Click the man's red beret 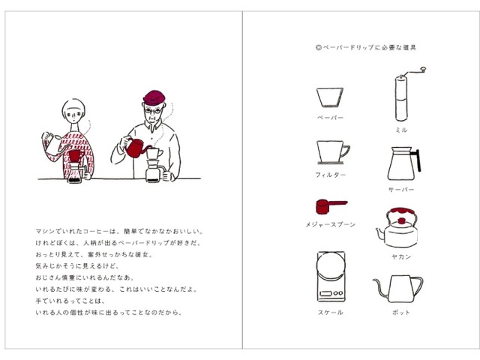tap(154, 97)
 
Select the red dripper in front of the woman tap(76, 156)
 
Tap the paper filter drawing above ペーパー tap(330, 97)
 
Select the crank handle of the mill tap(415, 72)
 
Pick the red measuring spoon tap(329, 206)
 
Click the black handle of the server tap(417, 160)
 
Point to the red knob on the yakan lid tap(401, 221)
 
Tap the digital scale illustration tap(331, 277)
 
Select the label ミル tap(401, 130)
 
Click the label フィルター tap(330, 175)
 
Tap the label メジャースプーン tap(330, 225)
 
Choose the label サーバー tap(401, 190)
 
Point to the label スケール tap(330, 313)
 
